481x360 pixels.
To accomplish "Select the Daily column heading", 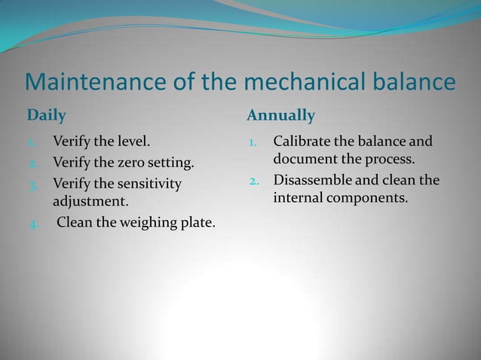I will click(47, 116).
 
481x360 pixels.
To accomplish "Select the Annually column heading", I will click(280, 116).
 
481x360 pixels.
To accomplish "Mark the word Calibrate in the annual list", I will click(305, 141).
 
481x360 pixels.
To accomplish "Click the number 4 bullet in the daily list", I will click(33, 224).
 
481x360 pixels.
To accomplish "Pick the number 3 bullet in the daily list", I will click(33, 184).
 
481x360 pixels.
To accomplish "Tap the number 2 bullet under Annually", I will click(254, 182).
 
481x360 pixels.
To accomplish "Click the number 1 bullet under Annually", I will click(254, 142).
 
